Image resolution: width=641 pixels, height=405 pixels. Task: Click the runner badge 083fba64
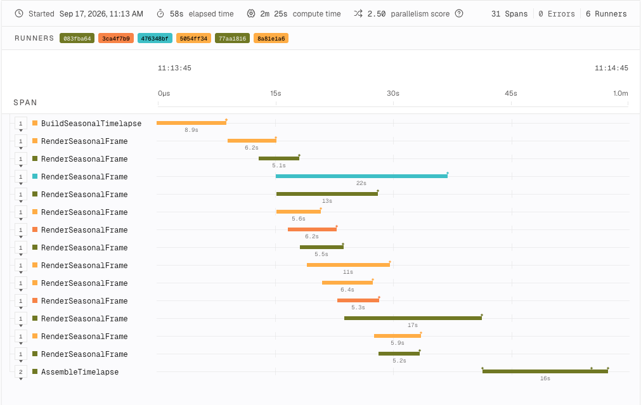[77, 39]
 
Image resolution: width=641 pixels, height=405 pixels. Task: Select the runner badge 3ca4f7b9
[115, 39]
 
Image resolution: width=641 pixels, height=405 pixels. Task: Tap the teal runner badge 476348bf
[155, 39]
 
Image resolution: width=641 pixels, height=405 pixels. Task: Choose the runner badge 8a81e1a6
[271, 39]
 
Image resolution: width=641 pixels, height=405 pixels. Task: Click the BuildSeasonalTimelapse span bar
[191, 123]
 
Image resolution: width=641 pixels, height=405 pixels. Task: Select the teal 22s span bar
[361, 176]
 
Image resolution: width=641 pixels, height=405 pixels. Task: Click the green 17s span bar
[413, 318]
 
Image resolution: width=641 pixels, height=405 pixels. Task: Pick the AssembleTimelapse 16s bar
[545, 371]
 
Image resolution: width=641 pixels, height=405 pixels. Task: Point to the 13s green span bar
[327, 194]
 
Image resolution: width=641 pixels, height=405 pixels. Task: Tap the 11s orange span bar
[348, 265]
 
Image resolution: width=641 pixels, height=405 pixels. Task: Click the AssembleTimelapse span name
[80, 372]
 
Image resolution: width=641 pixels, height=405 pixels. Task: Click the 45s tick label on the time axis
[510, 93]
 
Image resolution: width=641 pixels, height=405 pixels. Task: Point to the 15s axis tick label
[276, 93]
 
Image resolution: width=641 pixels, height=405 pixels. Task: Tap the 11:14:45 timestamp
[611, 68]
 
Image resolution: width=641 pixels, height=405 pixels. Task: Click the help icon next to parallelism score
[459, 13]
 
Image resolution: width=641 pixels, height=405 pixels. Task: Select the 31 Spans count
[509, 14]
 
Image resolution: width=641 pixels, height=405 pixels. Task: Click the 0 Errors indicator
[557, 14]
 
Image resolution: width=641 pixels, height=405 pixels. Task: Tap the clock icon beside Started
[19, 13]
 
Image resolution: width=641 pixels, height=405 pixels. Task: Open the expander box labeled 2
[20, 372]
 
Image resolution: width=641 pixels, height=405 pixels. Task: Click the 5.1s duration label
[279, 165]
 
